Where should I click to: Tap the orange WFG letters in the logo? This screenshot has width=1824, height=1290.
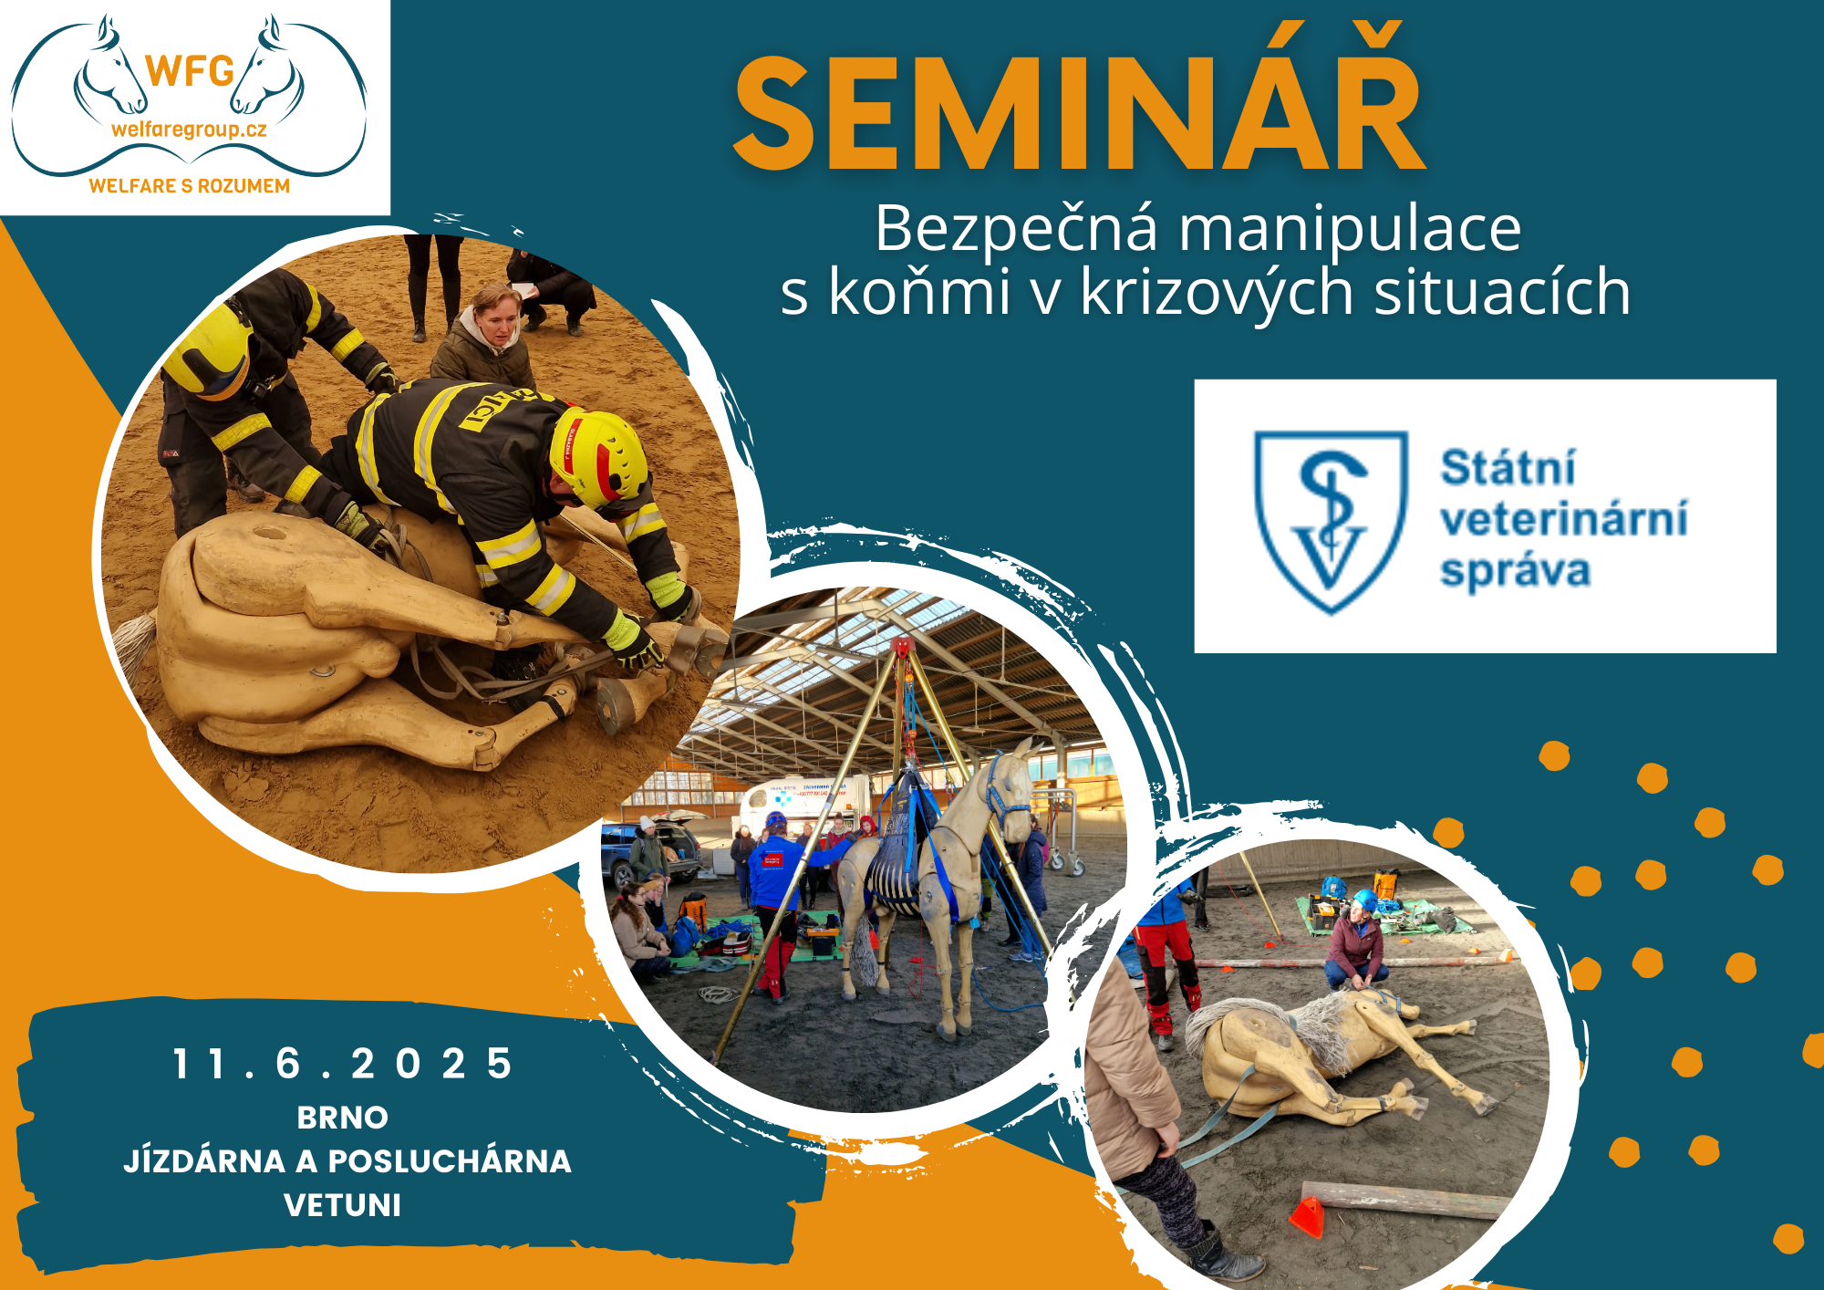190,71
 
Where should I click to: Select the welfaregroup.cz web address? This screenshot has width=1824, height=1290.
189,130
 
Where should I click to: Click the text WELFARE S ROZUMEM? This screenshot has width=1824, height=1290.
190,186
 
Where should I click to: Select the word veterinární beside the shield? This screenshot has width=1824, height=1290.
1564,519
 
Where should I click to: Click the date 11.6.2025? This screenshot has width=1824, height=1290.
343,1064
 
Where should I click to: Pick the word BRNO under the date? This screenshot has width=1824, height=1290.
343,1118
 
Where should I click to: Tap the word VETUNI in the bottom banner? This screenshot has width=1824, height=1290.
343,1206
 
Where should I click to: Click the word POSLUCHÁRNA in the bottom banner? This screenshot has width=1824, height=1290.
450,1161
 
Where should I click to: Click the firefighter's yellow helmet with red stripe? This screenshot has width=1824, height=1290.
598,456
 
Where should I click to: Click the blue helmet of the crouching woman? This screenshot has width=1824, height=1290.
1364,900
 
